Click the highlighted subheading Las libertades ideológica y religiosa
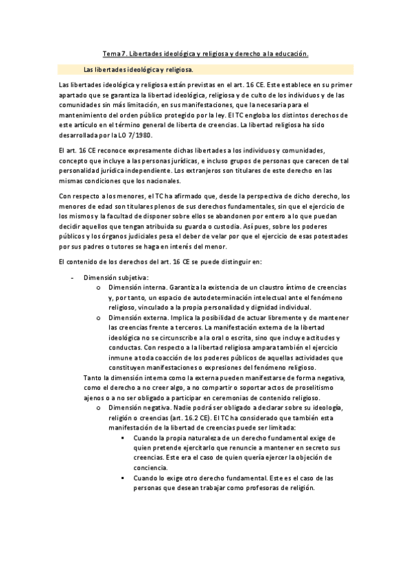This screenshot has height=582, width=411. click(x=138, y=69)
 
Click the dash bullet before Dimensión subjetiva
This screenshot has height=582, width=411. click(x=73, y=278)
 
